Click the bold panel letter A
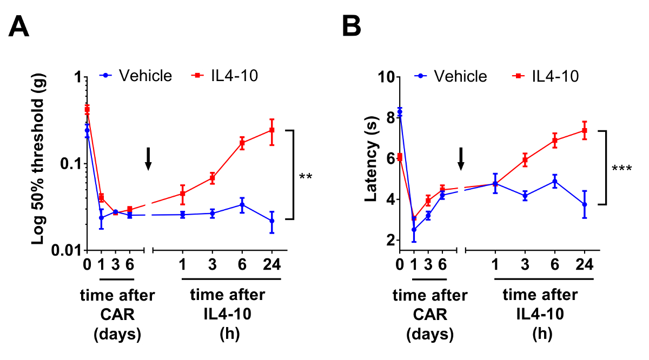pyautogui.click(x=19, y=26)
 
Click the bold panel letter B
pyautogui.click(x=352, y=26)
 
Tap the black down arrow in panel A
pyautogui.click(x=149, y=159)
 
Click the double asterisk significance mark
pyautogui.click(x=306, y=176)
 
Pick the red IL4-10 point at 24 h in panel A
pyautogui.click(x=272, y=130)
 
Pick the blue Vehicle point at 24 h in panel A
pyautogui.click(x=272, y=221)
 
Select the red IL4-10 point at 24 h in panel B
pyautogui.click(x=585, y=130)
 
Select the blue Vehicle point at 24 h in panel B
pyautogui.click(x=585, y=204)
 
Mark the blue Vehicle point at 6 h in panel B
pyautogui.click(x=554, y=182)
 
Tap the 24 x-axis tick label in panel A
pyautogui.click(x=272, y=266)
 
